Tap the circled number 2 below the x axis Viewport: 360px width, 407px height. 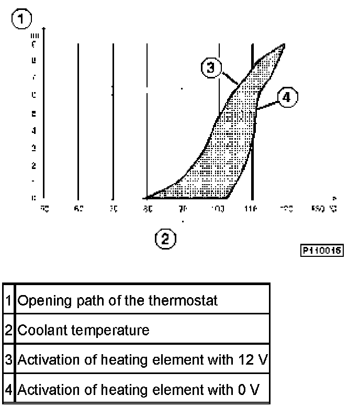[165, 239]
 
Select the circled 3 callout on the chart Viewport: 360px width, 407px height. [211, 69]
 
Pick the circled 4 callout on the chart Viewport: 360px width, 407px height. [287, 97]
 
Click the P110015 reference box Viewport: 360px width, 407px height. [321, 251]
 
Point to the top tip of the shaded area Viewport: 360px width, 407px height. [285, 45]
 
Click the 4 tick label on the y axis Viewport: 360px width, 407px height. [33, 130]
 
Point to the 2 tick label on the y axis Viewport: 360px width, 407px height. [33, 165]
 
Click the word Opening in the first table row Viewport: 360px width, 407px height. [41, 301]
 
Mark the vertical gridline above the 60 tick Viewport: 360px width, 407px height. [78, 120]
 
